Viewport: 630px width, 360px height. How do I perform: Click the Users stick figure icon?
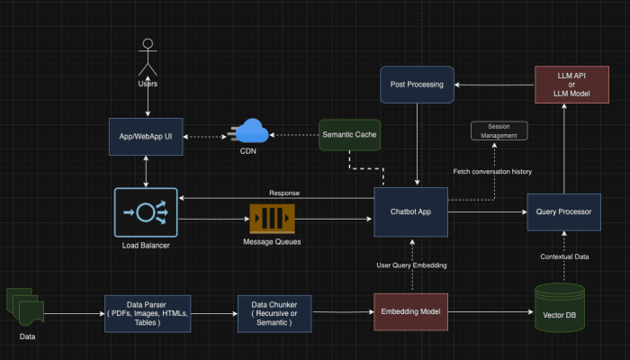click(147, 58)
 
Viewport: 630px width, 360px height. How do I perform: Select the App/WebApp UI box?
click(147, 136)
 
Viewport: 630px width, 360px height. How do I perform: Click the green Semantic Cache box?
click(349, 135)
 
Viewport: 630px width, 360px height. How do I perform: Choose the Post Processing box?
click(417, 84)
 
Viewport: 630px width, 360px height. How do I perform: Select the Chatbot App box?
click(410, 212)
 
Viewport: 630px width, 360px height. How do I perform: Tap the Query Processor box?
click(562, 212)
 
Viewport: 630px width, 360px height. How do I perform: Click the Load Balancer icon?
click(147, 212)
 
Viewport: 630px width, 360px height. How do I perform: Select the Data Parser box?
click(147, 311)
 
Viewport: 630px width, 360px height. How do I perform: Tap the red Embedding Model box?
click(410, 311)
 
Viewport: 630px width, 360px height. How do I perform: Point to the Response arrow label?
click(283, 193)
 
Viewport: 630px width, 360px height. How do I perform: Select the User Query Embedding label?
click(410, 265)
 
